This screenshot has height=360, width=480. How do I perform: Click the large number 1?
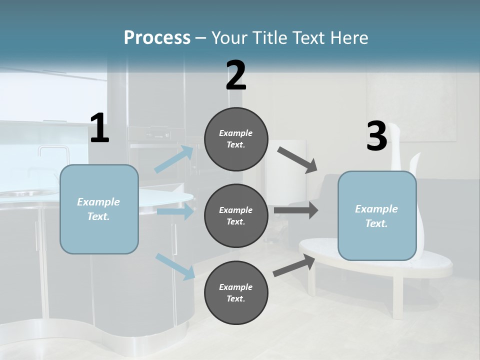click(99, 128)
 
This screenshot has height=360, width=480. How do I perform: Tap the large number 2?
click(236, 76)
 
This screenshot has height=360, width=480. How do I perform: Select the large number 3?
click(376, 136)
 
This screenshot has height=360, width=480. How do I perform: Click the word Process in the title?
click(157, 38)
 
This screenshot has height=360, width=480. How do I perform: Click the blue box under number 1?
click(99, 209)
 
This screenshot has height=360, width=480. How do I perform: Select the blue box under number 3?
click(377, 216)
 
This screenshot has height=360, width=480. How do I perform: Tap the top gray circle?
click(236, 139)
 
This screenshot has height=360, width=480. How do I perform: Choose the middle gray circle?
click(236, 216)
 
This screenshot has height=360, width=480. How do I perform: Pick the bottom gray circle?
click(236, 293)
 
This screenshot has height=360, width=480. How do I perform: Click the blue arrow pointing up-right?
click(174, 159)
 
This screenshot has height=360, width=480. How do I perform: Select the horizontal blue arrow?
click(175, 211)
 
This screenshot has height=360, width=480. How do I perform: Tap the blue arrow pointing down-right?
click(175, 266)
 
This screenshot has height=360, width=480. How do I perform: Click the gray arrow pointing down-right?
click(297, 159)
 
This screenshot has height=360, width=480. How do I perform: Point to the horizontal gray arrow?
click(295, 210)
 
